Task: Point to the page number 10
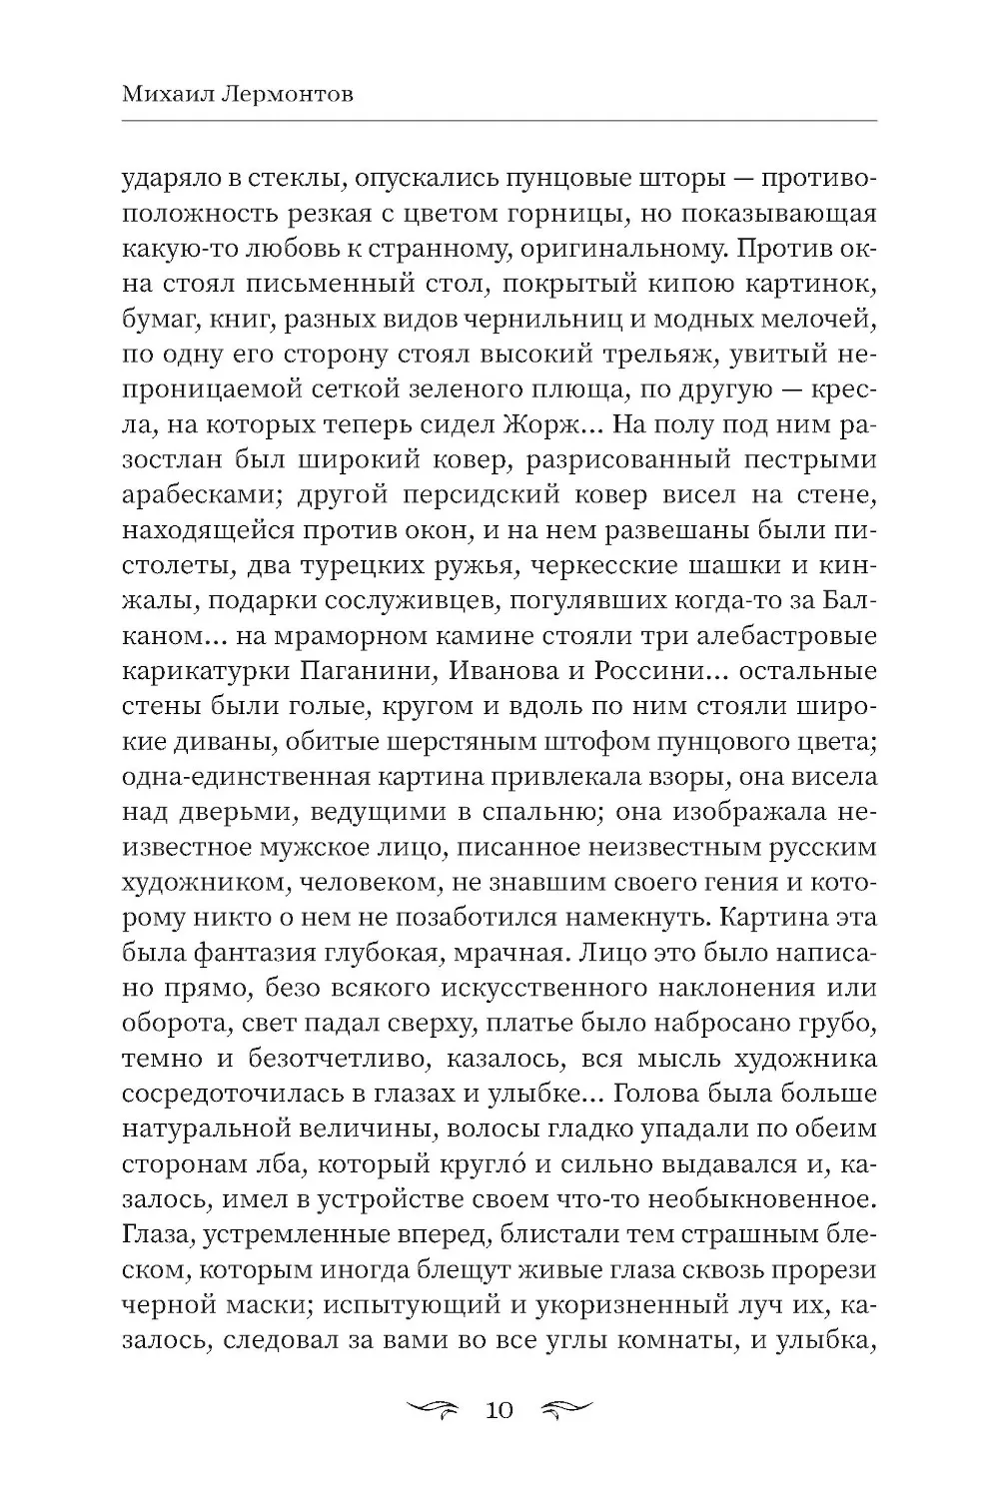click(x=499, y=1410)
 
